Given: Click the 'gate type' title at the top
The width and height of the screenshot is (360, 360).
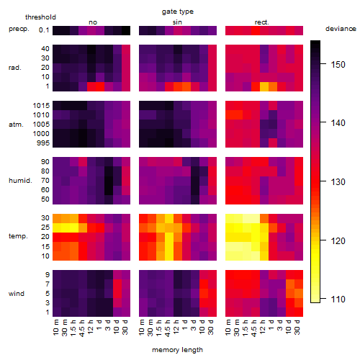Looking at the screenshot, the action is pos(178,12).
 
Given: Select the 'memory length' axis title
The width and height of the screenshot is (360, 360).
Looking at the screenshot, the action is pos(177,350).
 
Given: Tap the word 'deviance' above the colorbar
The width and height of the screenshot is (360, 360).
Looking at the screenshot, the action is pos(341,29).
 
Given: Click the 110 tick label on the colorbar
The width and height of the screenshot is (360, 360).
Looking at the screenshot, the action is pos(338,299).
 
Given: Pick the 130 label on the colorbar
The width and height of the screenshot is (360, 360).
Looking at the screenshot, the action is pos(338,181).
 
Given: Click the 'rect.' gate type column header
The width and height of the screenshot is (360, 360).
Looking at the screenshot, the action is pos(261,22).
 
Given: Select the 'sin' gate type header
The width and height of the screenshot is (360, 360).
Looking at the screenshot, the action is pos(177,22).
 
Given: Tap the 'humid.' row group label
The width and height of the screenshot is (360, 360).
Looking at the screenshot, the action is pos(20,181).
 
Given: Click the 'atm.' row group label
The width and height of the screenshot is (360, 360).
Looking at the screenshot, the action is pos(16,125).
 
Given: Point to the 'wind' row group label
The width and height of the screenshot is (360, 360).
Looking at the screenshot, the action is pos(17,294).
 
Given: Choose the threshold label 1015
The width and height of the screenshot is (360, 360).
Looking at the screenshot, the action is pos(41,105).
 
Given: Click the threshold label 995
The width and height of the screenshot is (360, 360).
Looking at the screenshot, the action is pos(43,143).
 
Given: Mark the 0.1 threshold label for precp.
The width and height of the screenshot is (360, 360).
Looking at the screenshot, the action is pos(44,30).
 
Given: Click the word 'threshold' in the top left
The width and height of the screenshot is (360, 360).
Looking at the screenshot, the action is pos(40,17).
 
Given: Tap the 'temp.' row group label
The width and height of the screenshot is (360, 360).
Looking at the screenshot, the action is pos(18,236).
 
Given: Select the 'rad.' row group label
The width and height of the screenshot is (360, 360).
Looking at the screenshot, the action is pos(15,68).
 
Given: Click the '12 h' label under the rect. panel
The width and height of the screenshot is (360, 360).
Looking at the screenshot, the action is pos(263,327).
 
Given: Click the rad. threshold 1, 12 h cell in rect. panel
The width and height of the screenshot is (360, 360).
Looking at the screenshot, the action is pos(264,86).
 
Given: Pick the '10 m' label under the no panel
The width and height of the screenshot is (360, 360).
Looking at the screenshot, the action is pos(56,327).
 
